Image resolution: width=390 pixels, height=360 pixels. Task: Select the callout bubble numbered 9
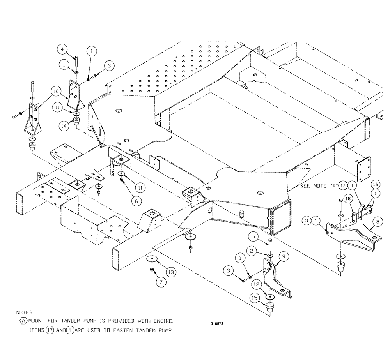[284, 257]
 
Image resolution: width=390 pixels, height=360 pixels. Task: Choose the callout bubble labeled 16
[375, 184]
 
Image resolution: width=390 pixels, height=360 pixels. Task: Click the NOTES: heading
[25, 312]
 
